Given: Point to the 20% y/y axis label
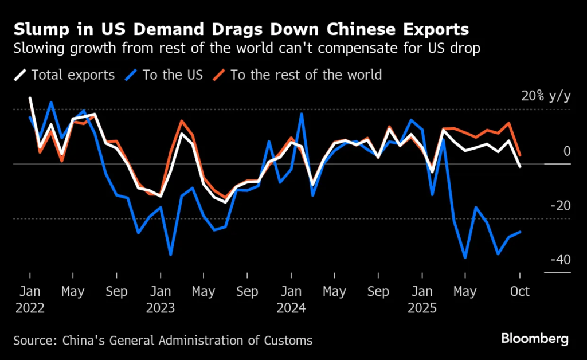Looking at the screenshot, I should [x=546, y=96].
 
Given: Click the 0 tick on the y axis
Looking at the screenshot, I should [x=567, y=151].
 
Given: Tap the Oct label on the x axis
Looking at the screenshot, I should [x=520, y=291].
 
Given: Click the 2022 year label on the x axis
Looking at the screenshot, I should [x=29, y=308].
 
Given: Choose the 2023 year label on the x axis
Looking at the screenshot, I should [x=161, y=308].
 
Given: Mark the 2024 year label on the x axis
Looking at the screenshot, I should [x=291, y=308].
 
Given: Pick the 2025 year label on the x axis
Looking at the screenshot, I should [x=422, y=308].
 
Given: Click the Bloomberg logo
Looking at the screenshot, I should [x=535, y=338].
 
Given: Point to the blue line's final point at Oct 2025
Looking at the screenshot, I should [x=520, y=232].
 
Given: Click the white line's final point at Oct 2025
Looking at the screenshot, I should [x=520, y=167].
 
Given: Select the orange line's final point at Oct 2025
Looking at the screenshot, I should [x=520, y=155].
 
